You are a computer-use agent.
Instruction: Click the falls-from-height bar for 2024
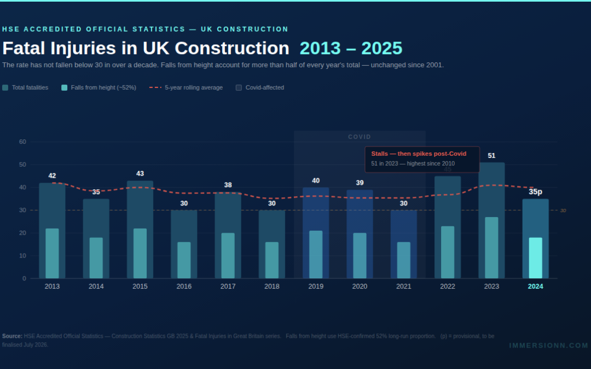point(535,258)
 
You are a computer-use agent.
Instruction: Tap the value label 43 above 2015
point(140,174)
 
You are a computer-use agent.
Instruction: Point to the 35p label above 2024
point(535,192)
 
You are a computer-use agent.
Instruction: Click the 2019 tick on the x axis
point(316,286)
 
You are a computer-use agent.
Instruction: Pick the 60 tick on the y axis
point(22,142)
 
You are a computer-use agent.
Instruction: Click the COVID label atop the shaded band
point(360,137)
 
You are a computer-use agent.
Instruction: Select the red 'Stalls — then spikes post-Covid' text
point(419,154)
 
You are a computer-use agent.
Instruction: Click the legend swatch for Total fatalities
point(5,87)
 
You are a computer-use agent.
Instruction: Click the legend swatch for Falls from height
point(65,87)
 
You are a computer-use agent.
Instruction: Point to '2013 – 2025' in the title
point(351,48)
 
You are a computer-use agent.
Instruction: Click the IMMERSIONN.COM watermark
point(548,345)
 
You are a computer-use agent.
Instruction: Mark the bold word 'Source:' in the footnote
point(12,336)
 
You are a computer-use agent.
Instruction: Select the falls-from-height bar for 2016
point(184,260)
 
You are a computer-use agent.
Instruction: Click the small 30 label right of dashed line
point(563,210)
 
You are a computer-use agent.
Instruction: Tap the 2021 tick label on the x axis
point(403,286)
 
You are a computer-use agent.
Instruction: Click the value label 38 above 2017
point(228,185)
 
